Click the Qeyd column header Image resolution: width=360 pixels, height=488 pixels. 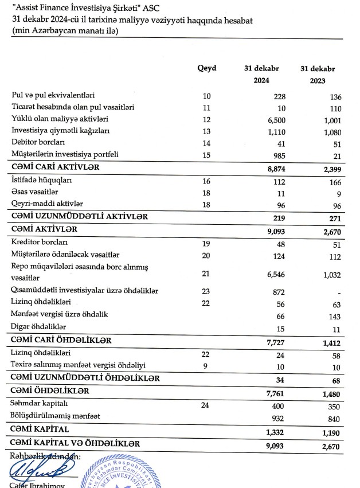pos(206,69)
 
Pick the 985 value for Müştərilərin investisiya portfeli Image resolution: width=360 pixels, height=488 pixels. pos(278,155)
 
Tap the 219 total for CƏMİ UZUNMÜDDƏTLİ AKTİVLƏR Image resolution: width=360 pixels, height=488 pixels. pos(279,217)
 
